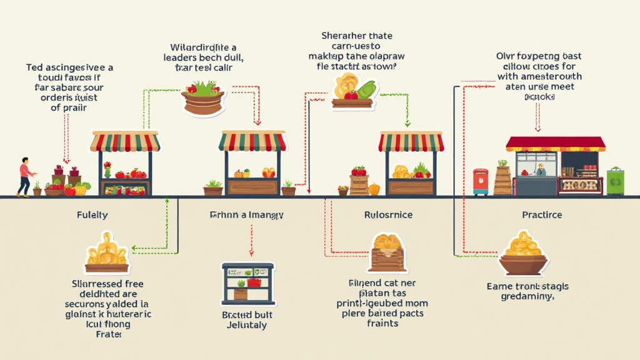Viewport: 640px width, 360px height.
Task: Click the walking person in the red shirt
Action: point(25,176)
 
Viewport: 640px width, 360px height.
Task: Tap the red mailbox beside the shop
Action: point(481,181)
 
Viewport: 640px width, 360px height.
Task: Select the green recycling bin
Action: point(615,181)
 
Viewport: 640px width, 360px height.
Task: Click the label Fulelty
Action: point(91,215)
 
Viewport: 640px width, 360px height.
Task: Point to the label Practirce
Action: point(542,215)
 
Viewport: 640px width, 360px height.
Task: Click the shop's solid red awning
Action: point(556,144)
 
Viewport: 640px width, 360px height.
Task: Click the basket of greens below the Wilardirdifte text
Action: point(203,98)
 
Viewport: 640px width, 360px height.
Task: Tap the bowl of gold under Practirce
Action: point(524,256)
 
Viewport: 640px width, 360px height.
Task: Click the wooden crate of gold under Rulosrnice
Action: point(388,252)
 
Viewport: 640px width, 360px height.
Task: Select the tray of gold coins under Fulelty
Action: point(107,255)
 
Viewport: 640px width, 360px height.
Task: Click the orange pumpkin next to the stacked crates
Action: point(374,189)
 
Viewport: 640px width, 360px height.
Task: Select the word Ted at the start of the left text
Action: point(35,67)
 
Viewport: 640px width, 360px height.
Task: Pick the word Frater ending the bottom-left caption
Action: point(108,334)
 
